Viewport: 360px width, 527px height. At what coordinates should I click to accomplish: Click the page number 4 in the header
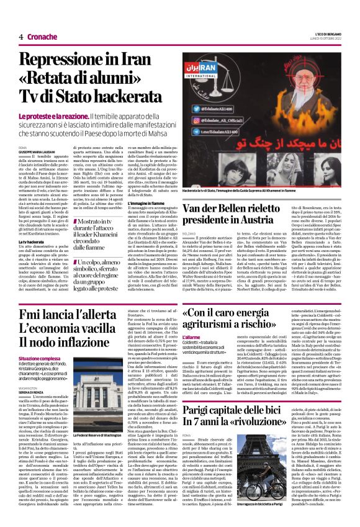coord(21,37)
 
